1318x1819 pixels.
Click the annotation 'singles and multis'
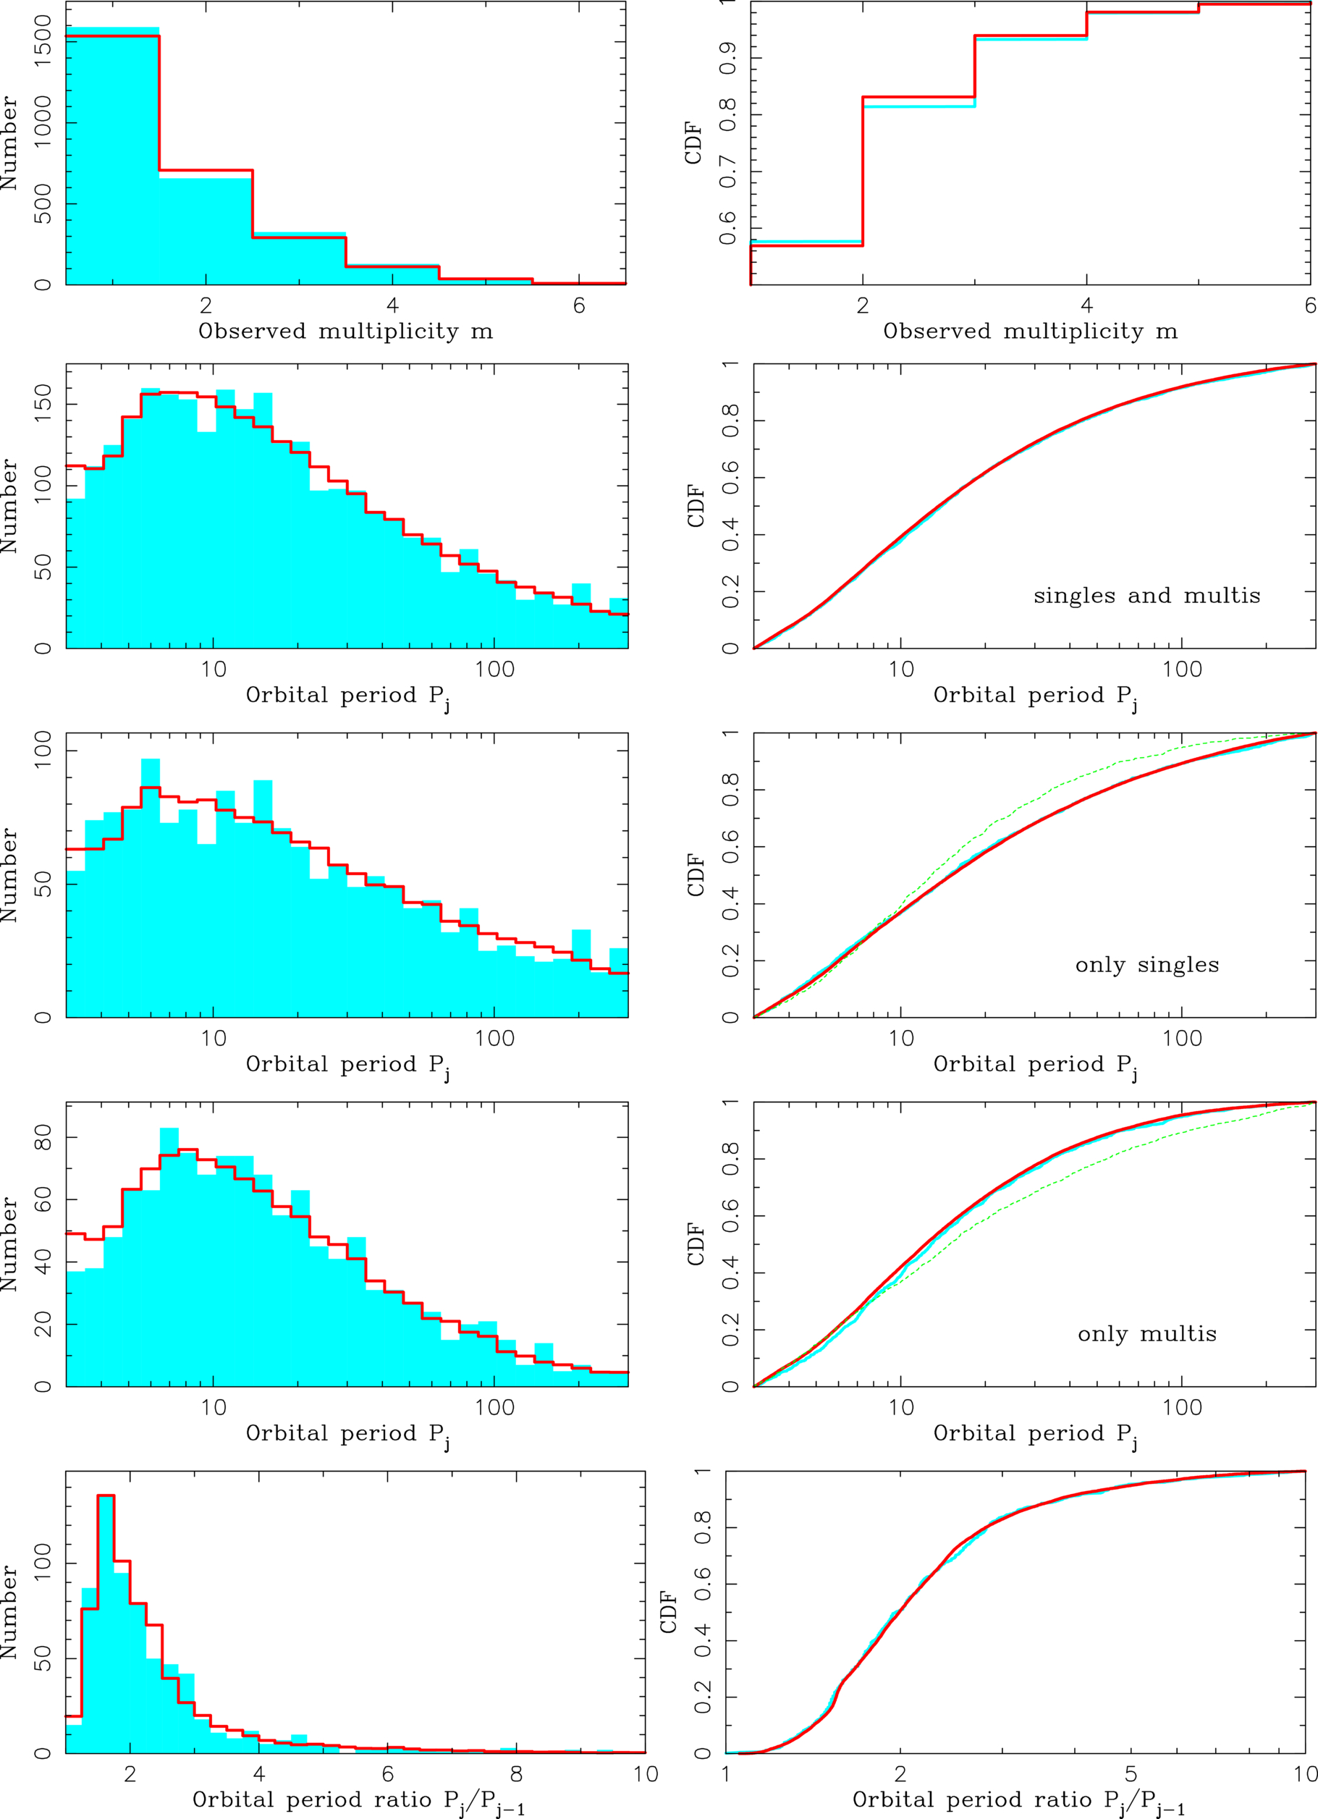(1146, 596)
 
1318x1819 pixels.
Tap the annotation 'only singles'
(1146, 965)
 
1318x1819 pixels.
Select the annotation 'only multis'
(1146, 1334)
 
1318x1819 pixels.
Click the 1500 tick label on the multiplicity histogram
(43, 42)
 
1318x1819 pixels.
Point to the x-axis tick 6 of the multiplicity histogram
(578, 305)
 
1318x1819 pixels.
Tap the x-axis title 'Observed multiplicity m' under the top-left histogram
(346, 332)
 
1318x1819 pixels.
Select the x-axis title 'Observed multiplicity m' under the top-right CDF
(1031, 332)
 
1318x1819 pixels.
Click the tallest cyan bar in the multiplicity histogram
(112, 156)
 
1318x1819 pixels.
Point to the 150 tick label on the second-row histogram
(43, 403)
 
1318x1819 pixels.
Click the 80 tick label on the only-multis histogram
(43, 1137)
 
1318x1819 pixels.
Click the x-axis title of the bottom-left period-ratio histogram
(358, 1802)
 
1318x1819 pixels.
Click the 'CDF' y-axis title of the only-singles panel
(696, 875)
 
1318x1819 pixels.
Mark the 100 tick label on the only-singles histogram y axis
(43, 750)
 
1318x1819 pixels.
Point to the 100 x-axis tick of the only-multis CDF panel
(1182, 1408)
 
